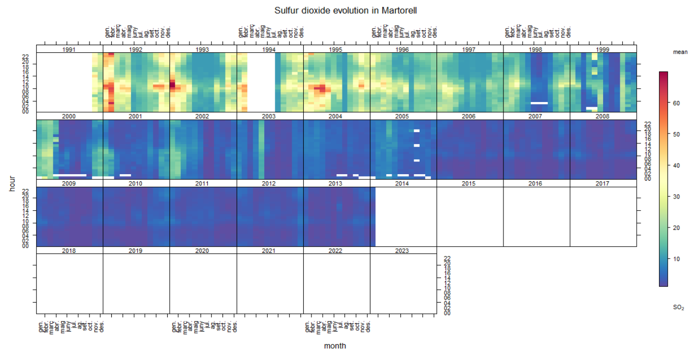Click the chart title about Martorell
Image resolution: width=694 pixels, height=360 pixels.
coord(345,10)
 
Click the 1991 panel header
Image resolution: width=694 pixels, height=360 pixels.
coord(69,50)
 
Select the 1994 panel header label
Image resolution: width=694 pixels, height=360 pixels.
coord(270,50)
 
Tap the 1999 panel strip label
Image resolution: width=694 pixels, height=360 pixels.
coord(603,50)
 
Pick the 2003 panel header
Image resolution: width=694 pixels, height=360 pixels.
coord(270,116)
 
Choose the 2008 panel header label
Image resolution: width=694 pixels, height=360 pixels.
coord(603,116)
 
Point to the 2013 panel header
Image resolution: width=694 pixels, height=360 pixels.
coord(336,183)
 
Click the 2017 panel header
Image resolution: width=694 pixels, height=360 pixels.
coord(603,183)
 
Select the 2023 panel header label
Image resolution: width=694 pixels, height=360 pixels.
coord(403,250)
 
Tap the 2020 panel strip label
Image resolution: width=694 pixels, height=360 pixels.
coord(203,250)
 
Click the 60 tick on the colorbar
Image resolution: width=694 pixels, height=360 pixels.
coord(676,103)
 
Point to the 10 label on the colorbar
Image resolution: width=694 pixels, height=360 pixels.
coord(676,259)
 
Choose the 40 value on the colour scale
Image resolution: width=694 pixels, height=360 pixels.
coord(676,166)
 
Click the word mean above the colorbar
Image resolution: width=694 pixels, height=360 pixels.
coord(680,52)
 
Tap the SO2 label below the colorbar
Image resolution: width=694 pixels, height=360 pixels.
coord(678,308)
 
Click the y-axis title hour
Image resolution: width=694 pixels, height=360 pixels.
coord(12,183)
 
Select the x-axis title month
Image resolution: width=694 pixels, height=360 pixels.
coord(335,346)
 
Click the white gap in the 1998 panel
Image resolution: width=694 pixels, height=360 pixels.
coord(539,103)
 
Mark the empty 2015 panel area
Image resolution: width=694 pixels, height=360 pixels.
coord(470,217)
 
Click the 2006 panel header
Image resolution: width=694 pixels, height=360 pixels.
coord(470,116)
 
